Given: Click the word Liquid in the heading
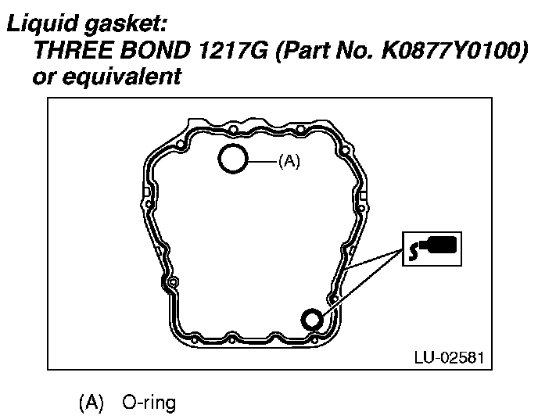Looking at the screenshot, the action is (43, 23).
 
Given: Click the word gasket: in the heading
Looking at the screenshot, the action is (126, 25).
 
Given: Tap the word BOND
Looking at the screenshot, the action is (155, 50).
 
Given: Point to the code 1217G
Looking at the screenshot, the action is (233, 50).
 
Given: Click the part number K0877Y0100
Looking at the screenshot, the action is (450, 50).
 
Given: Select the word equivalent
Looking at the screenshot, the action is (121, 77).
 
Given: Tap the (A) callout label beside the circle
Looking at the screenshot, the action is (289, 160).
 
